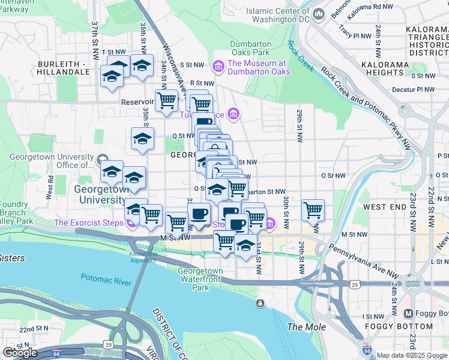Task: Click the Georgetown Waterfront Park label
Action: [x=201, y=279]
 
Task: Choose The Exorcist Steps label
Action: [x=89, y=223]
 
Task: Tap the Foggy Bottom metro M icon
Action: [x=409, y=314]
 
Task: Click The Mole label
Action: [x=306, y=327]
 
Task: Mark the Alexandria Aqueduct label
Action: [x=143, y=257]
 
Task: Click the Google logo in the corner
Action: [x=20, y=352]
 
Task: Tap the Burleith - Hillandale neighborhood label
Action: [x=63, y=68]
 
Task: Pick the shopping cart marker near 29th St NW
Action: [x=313, y=211]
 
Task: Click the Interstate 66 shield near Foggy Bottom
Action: [x=367, y=351]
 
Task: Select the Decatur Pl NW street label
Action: [x=414, y=89]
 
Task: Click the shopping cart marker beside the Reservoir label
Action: [x=166, y=101]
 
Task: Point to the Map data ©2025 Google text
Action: [x=411, y=355]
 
